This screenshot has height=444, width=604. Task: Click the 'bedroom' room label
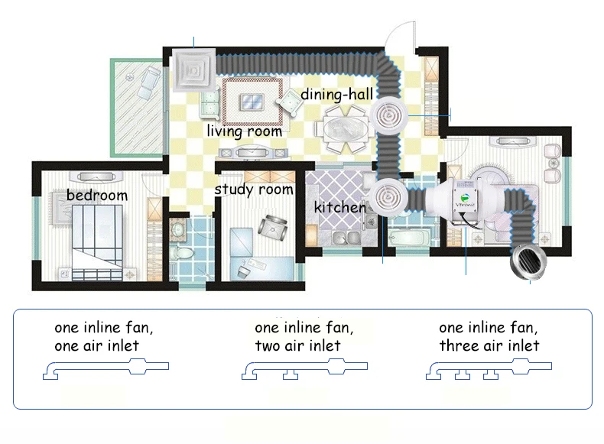coord(96,195)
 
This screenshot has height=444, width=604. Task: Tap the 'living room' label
coord(245,131)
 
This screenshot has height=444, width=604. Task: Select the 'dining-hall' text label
coord(336,95)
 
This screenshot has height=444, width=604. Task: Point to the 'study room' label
coord(254,190)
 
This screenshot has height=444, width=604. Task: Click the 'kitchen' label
coord(339,208)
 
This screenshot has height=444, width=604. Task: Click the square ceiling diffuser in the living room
coord(193,70)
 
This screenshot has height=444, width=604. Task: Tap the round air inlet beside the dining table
coord(388,115)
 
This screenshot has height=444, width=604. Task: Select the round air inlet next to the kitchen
coord(388,198)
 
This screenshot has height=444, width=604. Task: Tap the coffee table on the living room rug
coord(252,102)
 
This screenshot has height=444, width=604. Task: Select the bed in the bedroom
coord(97,241)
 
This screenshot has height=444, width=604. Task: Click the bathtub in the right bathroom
coord(409,236)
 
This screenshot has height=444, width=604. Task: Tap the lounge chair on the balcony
coord(148,82)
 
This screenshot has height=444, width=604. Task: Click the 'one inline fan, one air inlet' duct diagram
coord(106,369)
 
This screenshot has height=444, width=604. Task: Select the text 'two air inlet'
coord(297,346)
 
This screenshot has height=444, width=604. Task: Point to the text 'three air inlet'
coord(489,345)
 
